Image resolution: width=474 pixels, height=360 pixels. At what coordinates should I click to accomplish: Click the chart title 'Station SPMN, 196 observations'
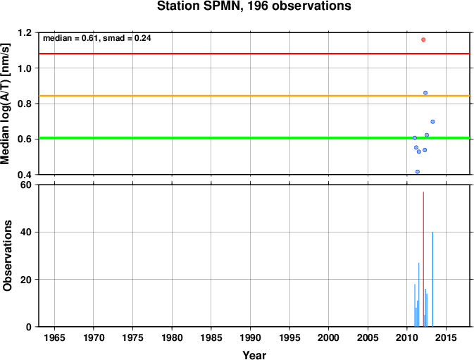pyautogui.click(x=254, y=6)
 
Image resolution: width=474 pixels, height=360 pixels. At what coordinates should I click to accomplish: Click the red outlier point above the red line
pyautogui.click(x=423, y=39)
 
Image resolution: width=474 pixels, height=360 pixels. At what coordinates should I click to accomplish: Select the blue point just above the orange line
pyautogui.click(x=425, y=93)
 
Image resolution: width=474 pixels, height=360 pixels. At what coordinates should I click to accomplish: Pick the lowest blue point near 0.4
pyautogui.click(x=418, y=172)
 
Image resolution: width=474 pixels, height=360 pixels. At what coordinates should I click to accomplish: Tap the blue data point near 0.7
pyautogui.click(x=432, y=122)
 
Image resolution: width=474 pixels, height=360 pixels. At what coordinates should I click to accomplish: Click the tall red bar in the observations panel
pyautogui.click(x=423, y=259)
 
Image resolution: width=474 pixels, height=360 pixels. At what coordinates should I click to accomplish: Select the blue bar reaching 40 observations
pyautogui.click(x=432, y=279)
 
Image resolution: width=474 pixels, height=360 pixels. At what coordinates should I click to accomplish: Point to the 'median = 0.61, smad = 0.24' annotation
pyautogui.click(x=97, y=38)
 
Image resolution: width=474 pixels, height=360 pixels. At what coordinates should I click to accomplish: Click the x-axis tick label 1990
pyautogui.click(x=250, y=337)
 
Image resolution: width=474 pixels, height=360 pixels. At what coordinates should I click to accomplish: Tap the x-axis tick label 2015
pyautogui.click(x=446, y=337)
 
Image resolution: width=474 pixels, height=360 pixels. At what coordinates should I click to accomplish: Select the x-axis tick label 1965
pyautogui.click(x=54, y=337)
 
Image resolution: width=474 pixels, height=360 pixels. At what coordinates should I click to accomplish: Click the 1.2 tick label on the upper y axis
pyautogui.click(x=25, y=32)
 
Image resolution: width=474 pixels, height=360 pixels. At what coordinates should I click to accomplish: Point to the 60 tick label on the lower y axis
pyautogui.click(x=26, y=185)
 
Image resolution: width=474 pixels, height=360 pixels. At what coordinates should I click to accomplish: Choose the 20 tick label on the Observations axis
pyautogui.click(x=26, y=280)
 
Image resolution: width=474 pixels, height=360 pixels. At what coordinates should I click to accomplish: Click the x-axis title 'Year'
pyautogui.click(x=254, y=355)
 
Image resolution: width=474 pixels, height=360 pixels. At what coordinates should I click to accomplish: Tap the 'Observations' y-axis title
pyautogui.click(x=7, y=256)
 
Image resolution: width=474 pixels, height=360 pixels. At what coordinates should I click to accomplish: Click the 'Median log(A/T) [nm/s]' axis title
pyautogui.click(x=6, y=104)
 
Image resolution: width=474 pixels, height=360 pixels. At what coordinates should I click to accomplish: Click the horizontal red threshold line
pyautogui.click(x=254, y=54)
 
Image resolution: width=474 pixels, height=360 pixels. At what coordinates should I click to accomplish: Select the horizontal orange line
pyautogui.click(x=254, y=96)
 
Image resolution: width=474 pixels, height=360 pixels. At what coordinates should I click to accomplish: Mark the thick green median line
pyautogui.click(x=254, y=138)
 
